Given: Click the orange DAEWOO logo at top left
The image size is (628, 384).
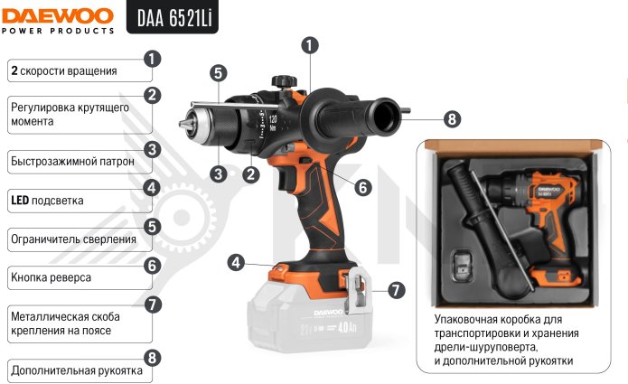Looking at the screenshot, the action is click(x=58, y=16).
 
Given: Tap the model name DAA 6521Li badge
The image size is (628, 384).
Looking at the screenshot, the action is click(x=173, y=17).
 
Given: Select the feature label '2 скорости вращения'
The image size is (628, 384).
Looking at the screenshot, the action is click(x=64, y=70).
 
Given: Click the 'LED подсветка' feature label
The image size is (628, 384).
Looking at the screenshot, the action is click(x=47, y=201).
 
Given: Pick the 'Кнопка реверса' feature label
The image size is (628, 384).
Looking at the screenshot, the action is click(x=51, y=277).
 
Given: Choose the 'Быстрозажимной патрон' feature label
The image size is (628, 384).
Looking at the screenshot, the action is click(x=72, y=162).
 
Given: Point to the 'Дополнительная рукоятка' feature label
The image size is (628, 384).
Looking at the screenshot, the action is click(x=77, y=370).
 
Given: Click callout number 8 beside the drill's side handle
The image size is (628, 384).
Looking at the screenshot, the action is click(x=452, y=119).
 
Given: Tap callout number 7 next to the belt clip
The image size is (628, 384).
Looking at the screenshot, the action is click(x=396, y=290).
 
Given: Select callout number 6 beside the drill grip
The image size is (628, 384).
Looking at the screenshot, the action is click(x=363, y=187).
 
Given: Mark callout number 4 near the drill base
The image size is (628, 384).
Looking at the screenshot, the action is click(x=236, y=263).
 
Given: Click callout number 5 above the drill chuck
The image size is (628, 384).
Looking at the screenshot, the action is click(x=219, y=73).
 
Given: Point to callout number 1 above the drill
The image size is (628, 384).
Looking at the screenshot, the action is click(x=310, y=45).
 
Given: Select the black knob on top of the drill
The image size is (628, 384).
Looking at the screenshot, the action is click(x=285, y=81).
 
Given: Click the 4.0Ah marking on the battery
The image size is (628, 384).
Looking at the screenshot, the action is click(x=347, y=328).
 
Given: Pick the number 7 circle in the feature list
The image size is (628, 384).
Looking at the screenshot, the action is click(x=152, y=304).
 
